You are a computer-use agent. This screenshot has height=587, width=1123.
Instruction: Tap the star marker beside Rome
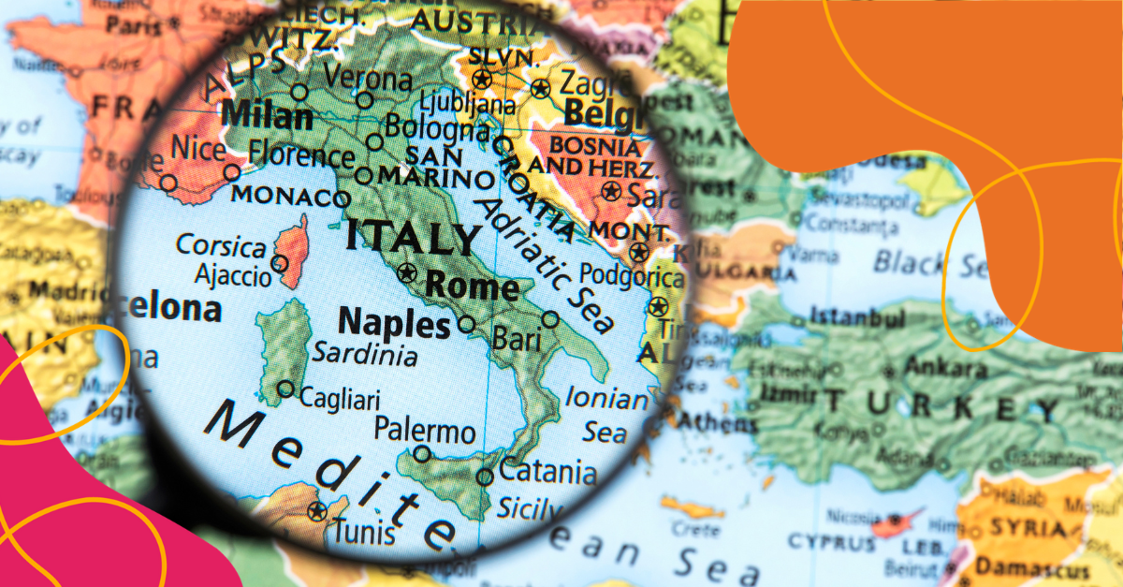click(406, 273)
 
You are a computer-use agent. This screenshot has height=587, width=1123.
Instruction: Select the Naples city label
click(394, 323)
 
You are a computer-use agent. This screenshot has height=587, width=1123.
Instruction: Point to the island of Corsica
click(293, 250)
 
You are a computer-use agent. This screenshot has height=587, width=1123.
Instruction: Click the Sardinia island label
click(364, 355)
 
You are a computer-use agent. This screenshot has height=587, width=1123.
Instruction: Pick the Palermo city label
click(425, 432)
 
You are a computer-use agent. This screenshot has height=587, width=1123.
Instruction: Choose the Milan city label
click(268, 117)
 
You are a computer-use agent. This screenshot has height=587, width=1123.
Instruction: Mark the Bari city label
click(517, 339)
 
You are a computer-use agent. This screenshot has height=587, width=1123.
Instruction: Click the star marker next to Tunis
click(317, 511)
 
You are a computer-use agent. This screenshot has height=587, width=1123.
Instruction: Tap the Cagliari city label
click(339, 400)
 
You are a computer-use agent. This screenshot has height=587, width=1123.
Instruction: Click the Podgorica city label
click(632, 276)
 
